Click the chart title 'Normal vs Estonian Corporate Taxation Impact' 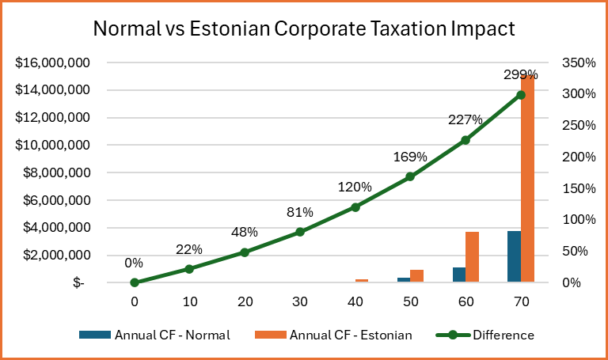click(304, 29)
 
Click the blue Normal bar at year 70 click(514, 256)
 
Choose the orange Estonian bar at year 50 click(417, 275)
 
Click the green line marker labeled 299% click(520, 95)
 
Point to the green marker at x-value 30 click(300, 232)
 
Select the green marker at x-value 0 click(135, 282)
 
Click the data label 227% click(465, 120)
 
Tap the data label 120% click(355, 188)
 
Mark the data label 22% click(189, 249)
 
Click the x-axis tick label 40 click(355, 301)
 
